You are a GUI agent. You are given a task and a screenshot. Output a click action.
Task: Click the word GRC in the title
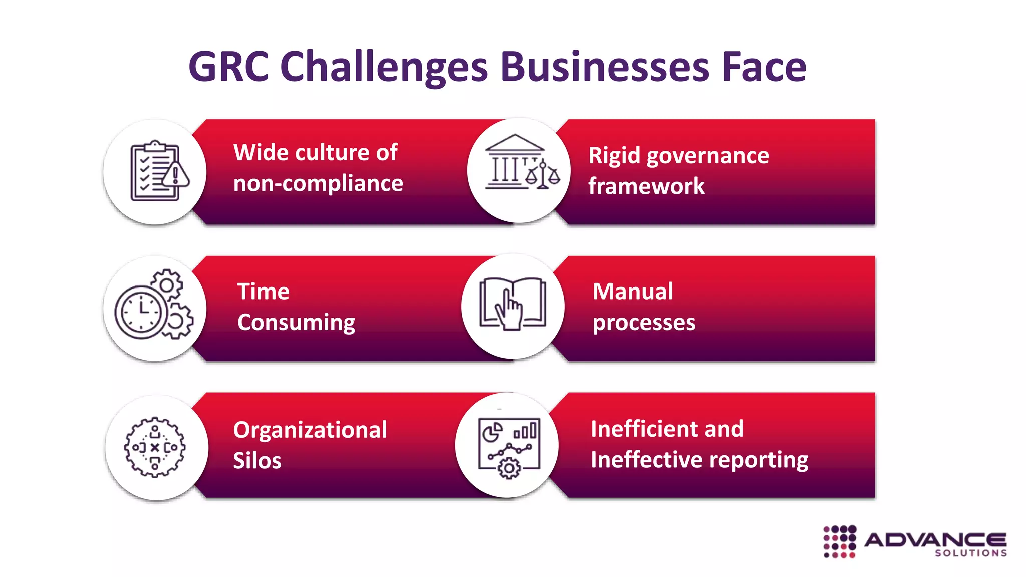pos(228,67)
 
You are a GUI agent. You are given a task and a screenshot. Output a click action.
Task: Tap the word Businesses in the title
pos(605,67)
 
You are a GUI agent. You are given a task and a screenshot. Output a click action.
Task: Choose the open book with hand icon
pos(512,304)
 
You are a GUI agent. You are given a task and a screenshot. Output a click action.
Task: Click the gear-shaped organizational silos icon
pos(155,447)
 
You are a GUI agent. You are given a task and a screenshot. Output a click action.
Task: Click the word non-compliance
pos(318,183)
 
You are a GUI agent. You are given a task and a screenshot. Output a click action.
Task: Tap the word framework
pos(646,186)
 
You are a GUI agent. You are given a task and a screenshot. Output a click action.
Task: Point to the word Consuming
pos(296,323)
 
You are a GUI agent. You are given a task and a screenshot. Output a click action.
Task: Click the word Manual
pos(633,292)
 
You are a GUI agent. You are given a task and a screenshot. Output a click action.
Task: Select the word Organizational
pos(310,430)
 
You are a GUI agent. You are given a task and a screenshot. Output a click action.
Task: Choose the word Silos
pos(257,461)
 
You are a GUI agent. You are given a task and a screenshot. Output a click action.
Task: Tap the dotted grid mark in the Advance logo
pos(840,541)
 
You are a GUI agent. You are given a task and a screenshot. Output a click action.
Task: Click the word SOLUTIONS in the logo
pos(971,553)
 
